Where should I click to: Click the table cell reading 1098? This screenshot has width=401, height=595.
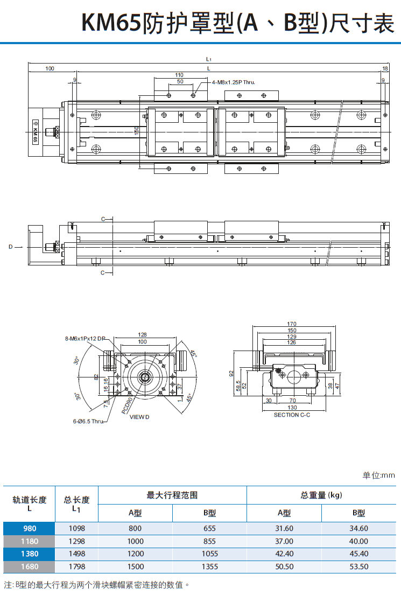tap(76, 528)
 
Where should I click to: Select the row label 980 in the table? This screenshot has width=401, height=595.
tap(30, 528)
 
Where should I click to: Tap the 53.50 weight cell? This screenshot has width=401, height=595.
tap(358, 566)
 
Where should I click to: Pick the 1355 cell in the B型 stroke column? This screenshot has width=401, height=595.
tap(209, 566)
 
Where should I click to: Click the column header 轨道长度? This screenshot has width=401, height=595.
tap(30, 499)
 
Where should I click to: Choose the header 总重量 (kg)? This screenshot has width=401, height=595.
tap(321, 495)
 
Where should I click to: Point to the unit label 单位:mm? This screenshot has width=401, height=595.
tap(378, 475)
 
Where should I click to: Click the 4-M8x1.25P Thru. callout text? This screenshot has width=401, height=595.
tap(233, 82)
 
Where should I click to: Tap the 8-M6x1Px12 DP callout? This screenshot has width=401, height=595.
tap(86, 339)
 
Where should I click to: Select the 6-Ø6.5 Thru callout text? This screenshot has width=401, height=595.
tap(88, 421)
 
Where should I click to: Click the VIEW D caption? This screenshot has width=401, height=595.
tap(139, 417)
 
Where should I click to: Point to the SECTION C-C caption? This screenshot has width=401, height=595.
tap(292, 415)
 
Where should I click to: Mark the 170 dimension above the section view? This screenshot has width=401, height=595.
tap(292, 324)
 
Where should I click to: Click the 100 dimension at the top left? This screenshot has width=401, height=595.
tap(50, 68)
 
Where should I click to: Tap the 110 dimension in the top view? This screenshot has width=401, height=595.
tap(179, 75)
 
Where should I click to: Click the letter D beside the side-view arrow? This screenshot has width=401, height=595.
tap(10, 247)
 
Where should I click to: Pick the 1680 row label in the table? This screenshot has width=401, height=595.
tap(30, 566)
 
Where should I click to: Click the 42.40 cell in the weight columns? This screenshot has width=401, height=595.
tap(284, 554)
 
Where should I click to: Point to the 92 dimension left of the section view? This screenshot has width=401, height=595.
tap(231, 373)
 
